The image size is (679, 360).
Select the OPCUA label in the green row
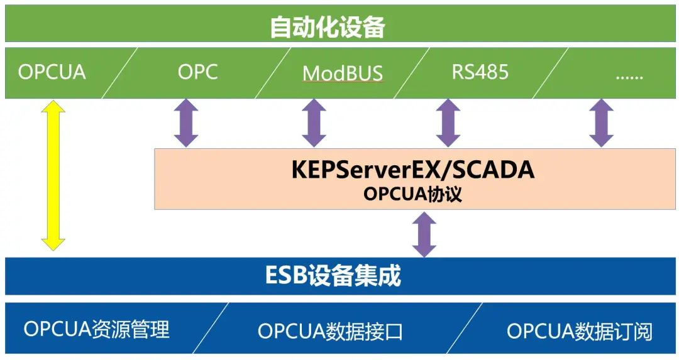(x=52, y=72)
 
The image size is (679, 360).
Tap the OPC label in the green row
(x=197, y=72)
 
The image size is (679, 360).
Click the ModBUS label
(x=343, y=74)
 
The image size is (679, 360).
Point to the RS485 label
(x=480, y=72)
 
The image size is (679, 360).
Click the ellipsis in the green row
(x=629, y=74)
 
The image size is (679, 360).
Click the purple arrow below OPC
(x=186, y=123)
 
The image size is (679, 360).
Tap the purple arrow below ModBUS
(x=314, y=123)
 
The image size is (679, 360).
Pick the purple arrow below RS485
(x=448, y=123)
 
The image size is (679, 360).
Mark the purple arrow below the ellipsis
(x=601, y=123)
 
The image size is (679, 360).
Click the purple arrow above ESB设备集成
(x=424, y=234)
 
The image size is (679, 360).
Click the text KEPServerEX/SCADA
(x=413, y=170)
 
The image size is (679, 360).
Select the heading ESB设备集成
(x=333, y=276)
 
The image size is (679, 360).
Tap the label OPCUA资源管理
(x=97, y=329)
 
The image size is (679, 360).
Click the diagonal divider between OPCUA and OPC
(x=119, y=72)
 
